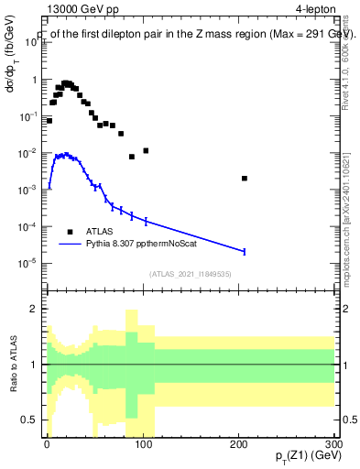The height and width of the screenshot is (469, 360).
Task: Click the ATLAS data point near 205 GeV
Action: tap(244, 179)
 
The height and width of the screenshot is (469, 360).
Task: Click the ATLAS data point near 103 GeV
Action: tap(146, 150)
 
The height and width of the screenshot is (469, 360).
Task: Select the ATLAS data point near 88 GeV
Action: tap(132, 157)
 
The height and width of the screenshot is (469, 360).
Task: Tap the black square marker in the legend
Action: tap(71, 231)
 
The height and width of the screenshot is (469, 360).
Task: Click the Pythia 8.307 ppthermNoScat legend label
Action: tap(149, 244)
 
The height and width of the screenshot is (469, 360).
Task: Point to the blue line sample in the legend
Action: tap(77, 244)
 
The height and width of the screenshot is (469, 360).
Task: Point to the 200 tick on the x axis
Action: tap(239, 439)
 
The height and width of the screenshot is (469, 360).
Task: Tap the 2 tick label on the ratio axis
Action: tap(33, 309)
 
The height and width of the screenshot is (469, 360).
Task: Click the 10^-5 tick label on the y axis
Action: tap(27, 263)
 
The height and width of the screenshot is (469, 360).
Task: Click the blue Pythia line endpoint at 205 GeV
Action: tap(244, 251)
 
